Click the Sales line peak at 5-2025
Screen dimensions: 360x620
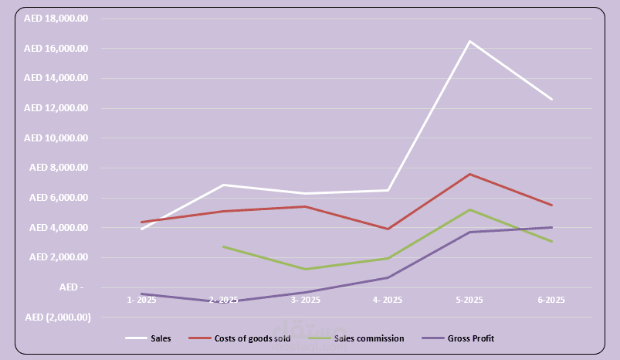[x=469, y=41]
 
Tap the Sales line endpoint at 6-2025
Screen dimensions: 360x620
[x=551, y=99]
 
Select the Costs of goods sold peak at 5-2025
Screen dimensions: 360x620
[x=469, y=174]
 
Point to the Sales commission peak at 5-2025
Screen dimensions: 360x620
[x=469, y=209]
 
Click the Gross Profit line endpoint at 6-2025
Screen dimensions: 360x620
[x=551, y=227]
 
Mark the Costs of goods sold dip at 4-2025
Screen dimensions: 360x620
[x=388, y=229]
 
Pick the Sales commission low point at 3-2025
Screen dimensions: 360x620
[x=306, y=269]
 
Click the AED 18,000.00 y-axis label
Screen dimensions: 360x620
[x=56, y=19]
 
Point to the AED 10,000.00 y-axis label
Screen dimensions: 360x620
[x=56, y=138]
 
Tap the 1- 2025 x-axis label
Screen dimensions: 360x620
[x=142, y=300]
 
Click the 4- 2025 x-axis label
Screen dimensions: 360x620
[x=388, y=300]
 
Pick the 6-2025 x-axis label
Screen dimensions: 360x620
[x=551, y=300]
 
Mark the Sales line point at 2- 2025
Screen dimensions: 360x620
[x=224, y=185]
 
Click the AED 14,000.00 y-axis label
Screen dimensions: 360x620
[x=56, y=78]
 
